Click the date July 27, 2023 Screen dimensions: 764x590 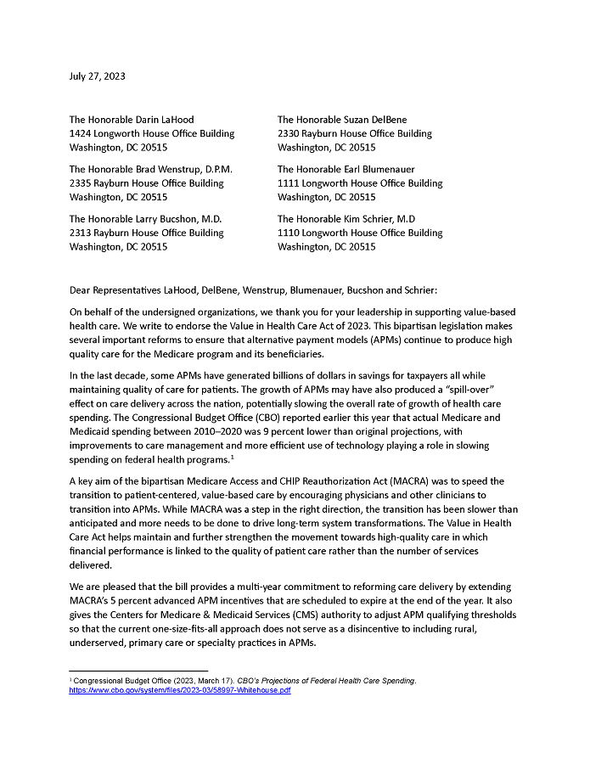coord(97,76)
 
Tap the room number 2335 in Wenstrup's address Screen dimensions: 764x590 coord(81,183)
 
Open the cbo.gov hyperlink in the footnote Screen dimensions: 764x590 coord(180,690)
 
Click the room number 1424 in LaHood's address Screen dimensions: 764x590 coord(81,133)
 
